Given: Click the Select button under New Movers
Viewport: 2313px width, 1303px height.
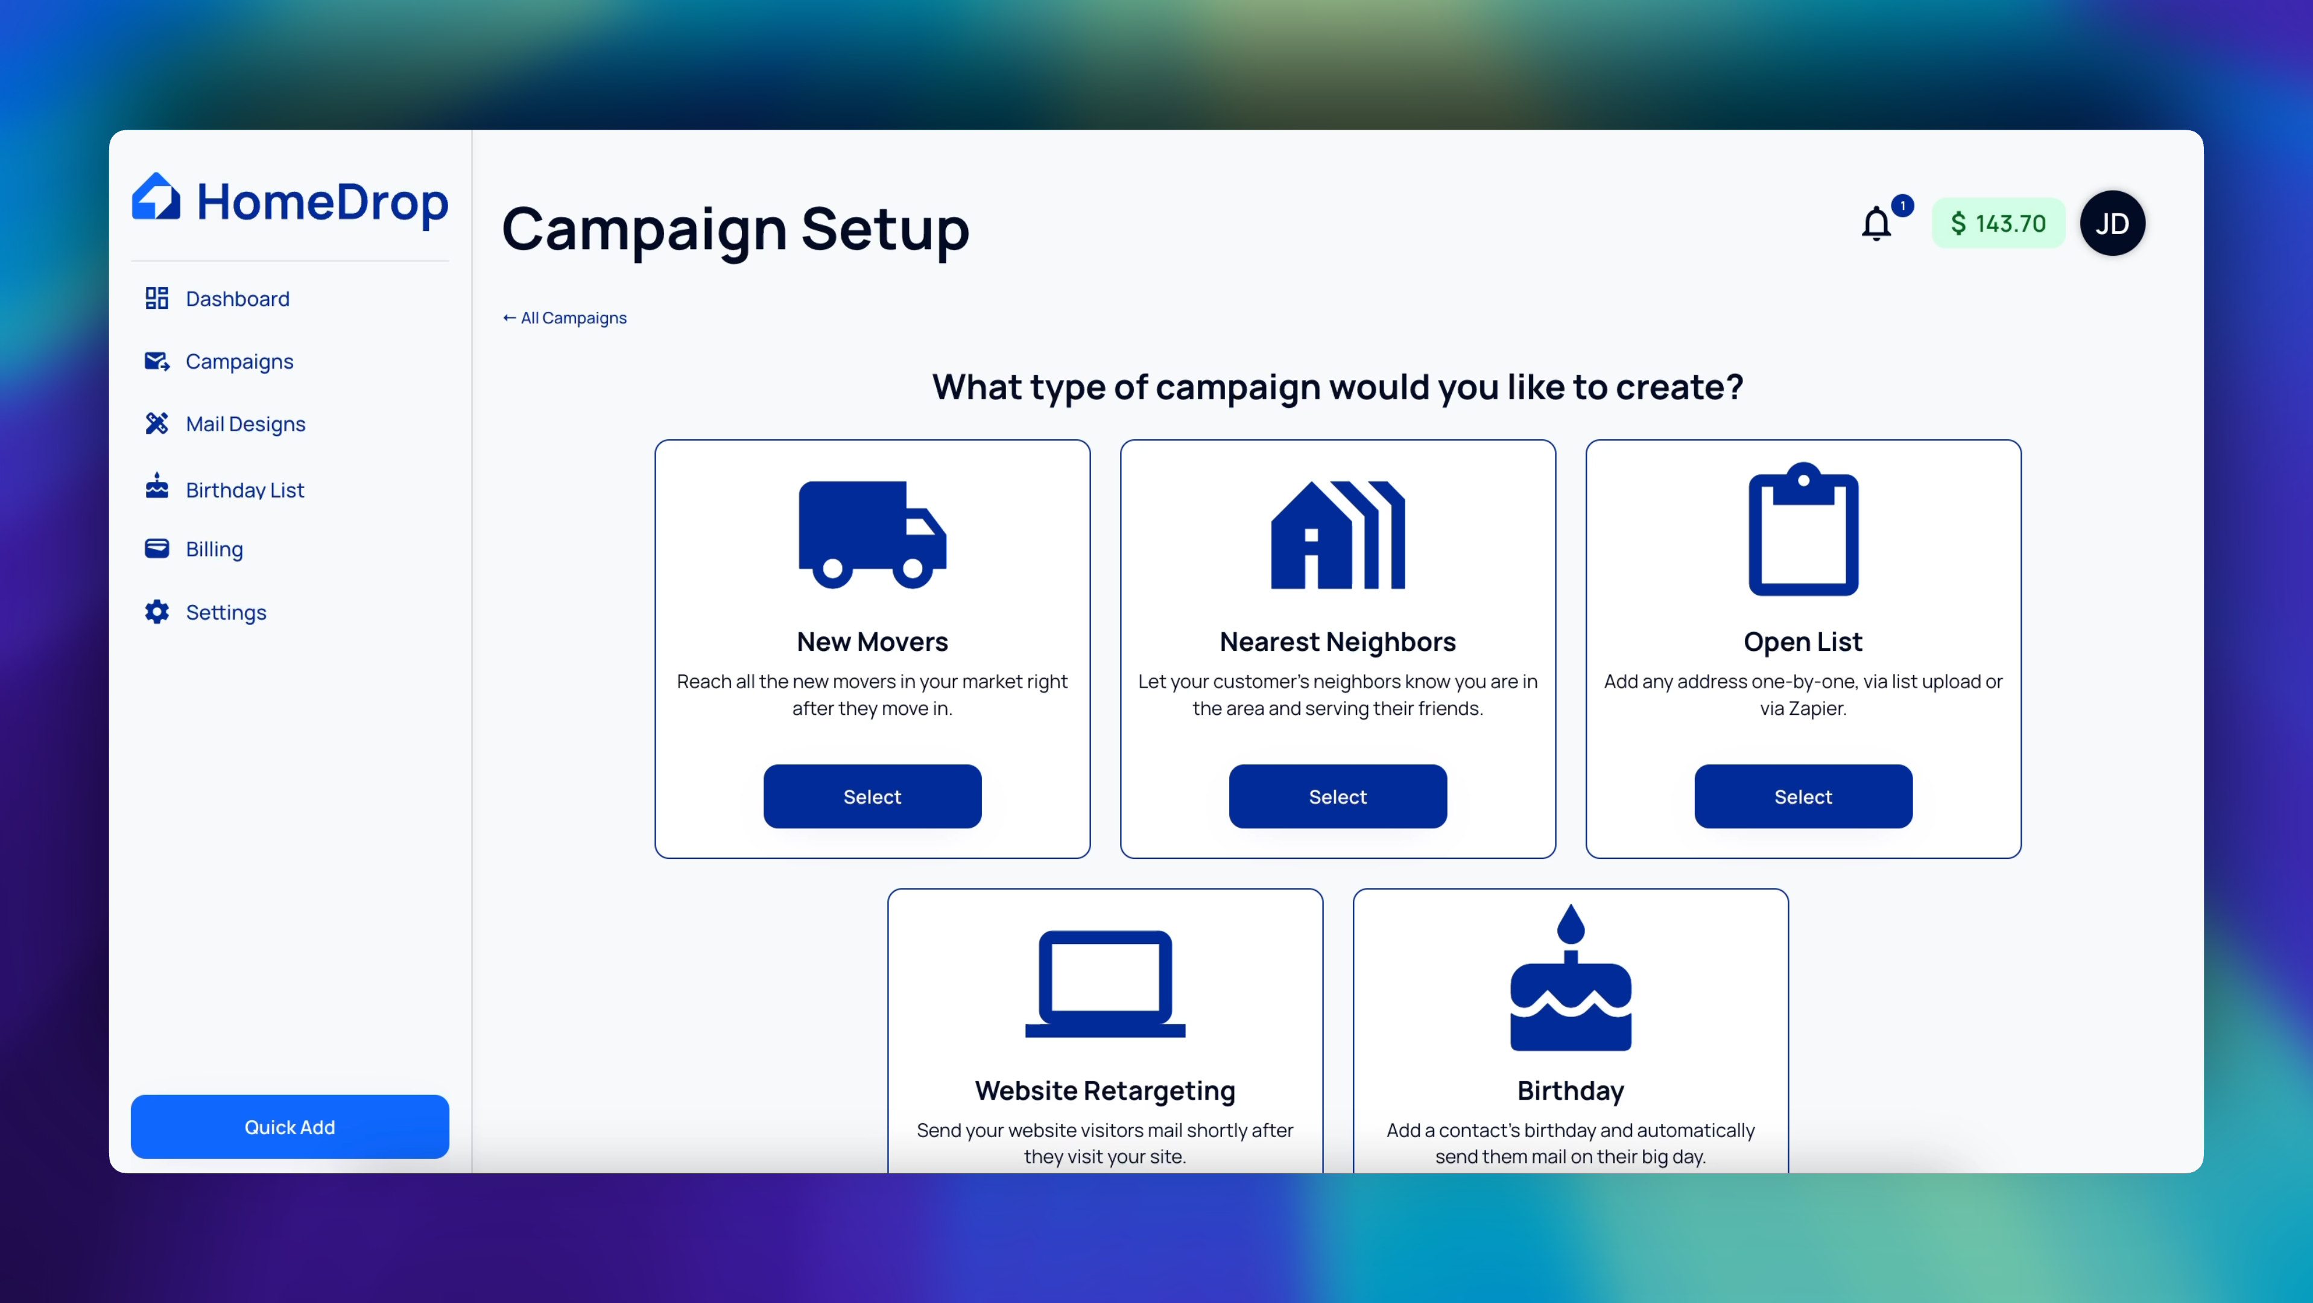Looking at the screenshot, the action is click(872, 796).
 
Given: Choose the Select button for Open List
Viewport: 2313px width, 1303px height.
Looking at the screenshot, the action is click(1803, 796).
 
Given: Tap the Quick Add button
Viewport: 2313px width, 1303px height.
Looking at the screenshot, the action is click(290, 1126).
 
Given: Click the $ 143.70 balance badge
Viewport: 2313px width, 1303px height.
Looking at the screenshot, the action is click(1998, 223).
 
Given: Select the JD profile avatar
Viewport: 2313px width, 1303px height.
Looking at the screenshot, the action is click(2112, 223).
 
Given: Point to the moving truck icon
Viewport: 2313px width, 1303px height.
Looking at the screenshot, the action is click(872, 534).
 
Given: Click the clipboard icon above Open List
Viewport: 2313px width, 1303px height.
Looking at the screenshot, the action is click(1803, 529).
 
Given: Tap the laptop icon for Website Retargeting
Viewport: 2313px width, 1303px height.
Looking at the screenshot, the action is click(1106, 983).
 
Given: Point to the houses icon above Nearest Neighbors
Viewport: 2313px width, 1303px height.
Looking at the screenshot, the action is click(1338, 534).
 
